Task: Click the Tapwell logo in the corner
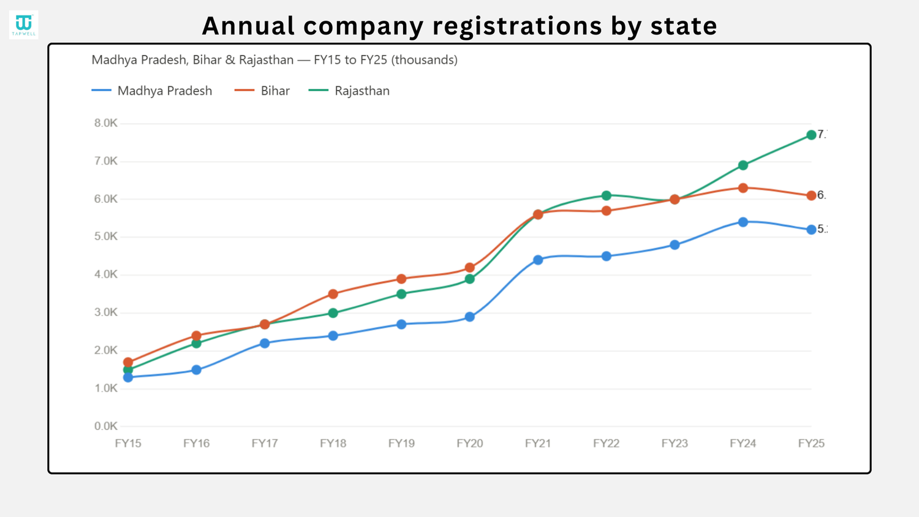click(x=24, y=25)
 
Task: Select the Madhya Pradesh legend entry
click(x=152, y=91)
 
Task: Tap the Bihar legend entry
click(x=262, y=91)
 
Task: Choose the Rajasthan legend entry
click(x=349, y=91)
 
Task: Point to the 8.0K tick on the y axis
click(x=106, y=123)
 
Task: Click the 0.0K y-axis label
click(x=106, y=426)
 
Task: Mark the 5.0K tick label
click(x=106, y=236)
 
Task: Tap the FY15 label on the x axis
click(x=128, y=443)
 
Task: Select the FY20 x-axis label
click(x=470, y=443)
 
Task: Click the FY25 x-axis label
click(x=811, y=443)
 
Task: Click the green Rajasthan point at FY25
click(x=811, y=135)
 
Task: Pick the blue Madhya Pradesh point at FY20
click(x=470, y=317)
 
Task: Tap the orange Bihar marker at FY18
click(x=333, y=294)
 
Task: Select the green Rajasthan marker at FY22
click(x=607, y=195)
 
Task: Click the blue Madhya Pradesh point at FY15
click(x=128, y=377)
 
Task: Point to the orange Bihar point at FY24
click(x=743, y=188)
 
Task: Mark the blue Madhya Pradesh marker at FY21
click(x=538, y=260)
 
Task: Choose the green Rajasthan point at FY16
click(x=197, y=343)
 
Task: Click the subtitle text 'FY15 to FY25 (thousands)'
click(x=386, y=60)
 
